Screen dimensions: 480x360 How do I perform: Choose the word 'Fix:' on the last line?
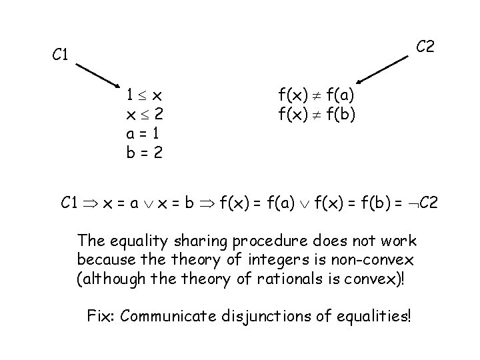click(x=102, y=315)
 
